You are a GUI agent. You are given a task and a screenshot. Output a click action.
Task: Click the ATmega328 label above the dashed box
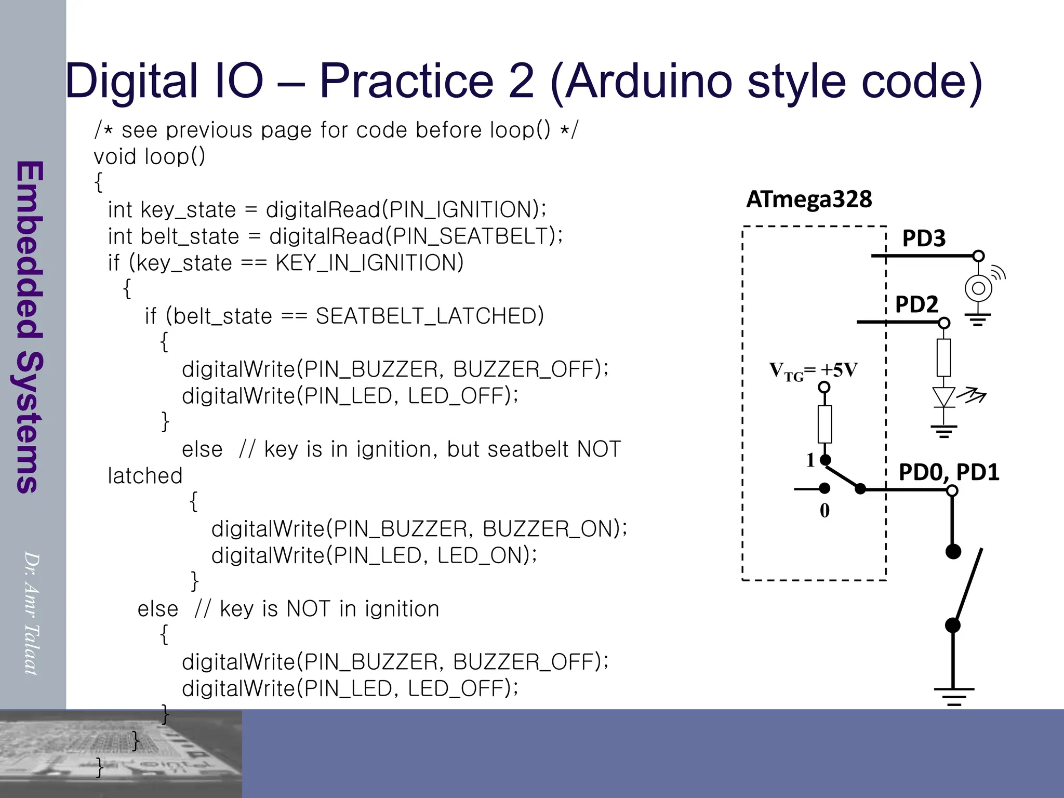[809, 199]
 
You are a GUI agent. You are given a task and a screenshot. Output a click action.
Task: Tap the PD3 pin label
[924, 238]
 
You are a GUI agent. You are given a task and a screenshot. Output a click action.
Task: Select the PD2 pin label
[916, 304]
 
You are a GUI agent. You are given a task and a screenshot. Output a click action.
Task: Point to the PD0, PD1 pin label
[949, 472]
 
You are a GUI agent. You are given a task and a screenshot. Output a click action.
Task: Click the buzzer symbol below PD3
[978, 288]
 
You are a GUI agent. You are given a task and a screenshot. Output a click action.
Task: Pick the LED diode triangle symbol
[944, 397]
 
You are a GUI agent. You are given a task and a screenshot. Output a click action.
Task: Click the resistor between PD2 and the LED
[944, 357]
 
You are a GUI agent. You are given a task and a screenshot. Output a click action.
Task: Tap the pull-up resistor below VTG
[824, 424]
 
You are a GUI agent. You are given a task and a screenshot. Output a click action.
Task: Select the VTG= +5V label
[813, 371]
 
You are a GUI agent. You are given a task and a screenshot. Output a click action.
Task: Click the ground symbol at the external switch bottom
[953, 695]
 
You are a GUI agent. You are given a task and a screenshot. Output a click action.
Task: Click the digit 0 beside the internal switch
[824, 511]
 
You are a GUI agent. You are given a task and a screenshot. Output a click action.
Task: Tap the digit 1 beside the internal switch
[810, 460]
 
